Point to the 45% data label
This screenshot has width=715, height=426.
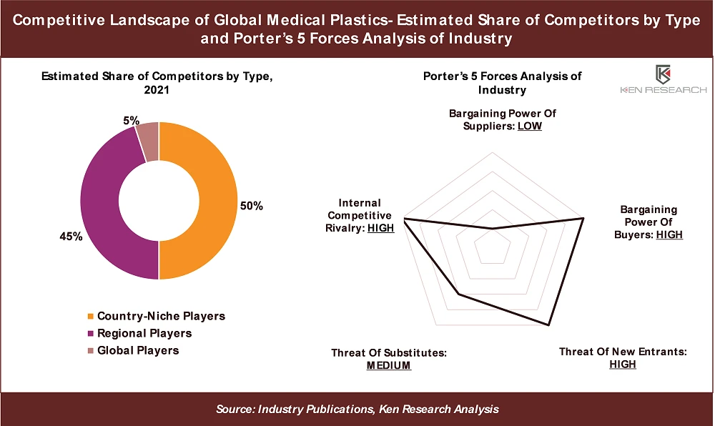(x=71, y=237)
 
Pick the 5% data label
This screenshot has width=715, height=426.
(x=131, y=121)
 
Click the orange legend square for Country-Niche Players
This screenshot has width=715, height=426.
(x=89, y=317)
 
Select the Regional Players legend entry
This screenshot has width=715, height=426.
(x=144, y=333)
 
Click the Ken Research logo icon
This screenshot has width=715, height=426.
(x=662, y=74)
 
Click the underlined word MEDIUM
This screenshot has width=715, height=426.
(x=389, y=365)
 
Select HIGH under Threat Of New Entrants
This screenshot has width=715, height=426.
(x=622, y=364)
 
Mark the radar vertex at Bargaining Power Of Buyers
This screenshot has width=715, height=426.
(x=584, y=217)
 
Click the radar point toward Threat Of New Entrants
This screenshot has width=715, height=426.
(x=548, y=326)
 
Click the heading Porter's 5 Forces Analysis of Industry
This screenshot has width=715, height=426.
(x=502, y=83)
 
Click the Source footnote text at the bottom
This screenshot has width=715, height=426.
(x=357, y=409)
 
